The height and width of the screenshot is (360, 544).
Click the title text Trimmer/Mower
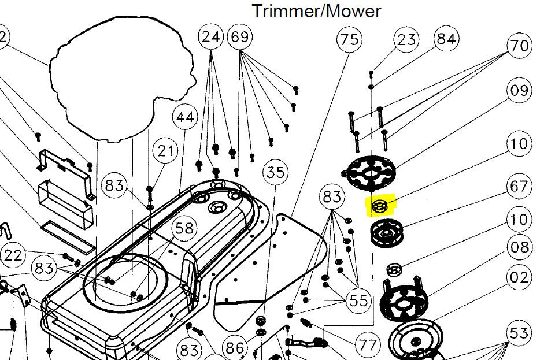click(x=316, y=10)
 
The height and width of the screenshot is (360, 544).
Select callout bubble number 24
click(x=212, y=38)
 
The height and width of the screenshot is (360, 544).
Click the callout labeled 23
click(x=407, y=40)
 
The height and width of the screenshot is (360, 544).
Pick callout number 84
click(x=446, y=39)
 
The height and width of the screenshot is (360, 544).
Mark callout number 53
click(x=519, y=333)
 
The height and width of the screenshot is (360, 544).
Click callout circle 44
click(x=186, y=117)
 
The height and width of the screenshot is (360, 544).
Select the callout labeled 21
click(x=166, y=151)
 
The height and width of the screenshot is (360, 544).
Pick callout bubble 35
click(x=276, y=172)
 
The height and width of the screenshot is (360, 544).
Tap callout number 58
click(x=185, y=228)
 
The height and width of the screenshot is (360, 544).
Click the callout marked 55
click(x=358, y=300)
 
